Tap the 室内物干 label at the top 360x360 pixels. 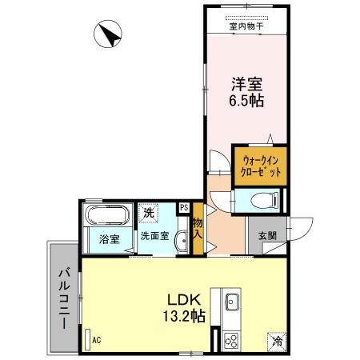pyautogui.click(x=246, y=26)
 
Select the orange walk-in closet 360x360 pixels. pyautogui.click(x=260, y=166)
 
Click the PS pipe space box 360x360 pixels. pyautogui.click(x=184, y=209)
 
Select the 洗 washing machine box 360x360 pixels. pyautogui.click(x=148, y=213)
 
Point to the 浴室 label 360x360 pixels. pyautogui.click(x=109, y=239)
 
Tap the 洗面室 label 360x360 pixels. pyautogui.click(x=154, y=236)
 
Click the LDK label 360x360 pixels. pyautogui.click(x=183, y=295)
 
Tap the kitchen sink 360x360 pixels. pyautogui.click(x=232, y=302)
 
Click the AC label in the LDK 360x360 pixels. pyautogui.click(x=96, y=340)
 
